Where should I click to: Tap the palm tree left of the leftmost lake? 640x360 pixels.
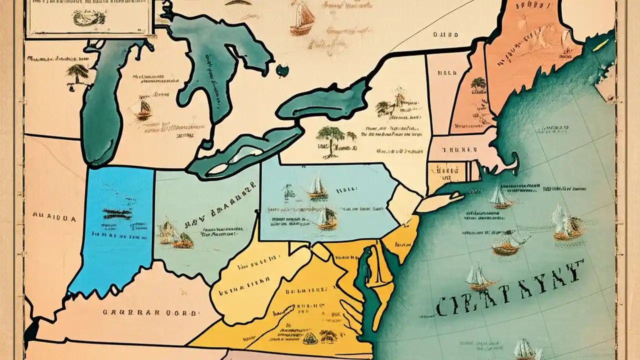(78, 73)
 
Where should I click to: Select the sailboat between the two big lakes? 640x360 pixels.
(143, 109)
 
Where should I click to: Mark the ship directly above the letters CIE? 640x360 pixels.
(477, 277)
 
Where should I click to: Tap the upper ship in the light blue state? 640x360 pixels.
(317, 187)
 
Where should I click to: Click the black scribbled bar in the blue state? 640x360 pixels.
(117, 212)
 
